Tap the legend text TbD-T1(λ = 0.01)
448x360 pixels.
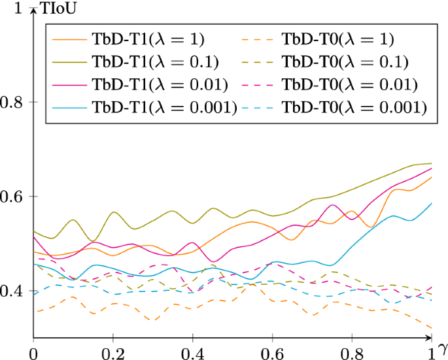point(160,84)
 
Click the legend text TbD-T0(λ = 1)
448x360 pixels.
point(337,40)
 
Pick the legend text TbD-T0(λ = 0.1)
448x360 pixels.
point(344,62)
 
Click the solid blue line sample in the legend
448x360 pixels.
point(68,106)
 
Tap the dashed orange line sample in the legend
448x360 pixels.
point(257,40)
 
